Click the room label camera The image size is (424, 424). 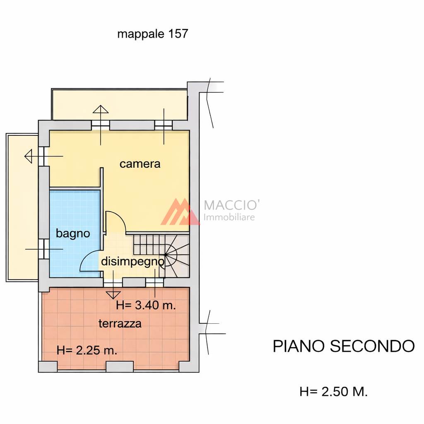[x=140, y=164]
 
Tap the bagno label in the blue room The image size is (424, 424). [x=73, y=234]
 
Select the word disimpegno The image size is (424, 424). [x=132, y=262]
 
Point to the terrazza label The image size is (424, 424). [x=120, y=323]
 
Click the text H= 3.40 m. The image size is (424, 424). [x=146, y=305]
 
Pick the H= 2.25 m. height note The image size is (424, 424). [x=87, y=350]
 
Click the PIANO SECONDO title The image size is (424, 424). [x=343, y=346]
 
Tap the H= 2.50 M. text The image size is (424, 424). [x=333, y=392]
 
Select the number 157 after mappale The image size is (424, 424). [x=178, y=34]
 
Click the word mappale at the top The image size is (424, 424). [x=141, y=34]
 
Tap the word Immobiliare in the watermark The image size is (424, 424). [x=229, y=217]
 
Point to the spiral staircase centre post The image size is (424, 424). [x=165, y=255]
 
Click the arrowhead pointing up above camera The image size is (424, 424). [x=101, y=109]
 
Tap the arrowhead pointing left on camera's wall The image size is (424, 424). [x=29, y=156]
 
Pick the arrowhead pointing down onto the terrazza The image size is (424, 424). [x=113, y=295]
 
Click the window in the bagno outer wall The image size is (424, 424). [x=44, y=249]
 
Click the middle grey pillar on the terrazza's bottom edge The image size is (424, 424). [x=120, y=367]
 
